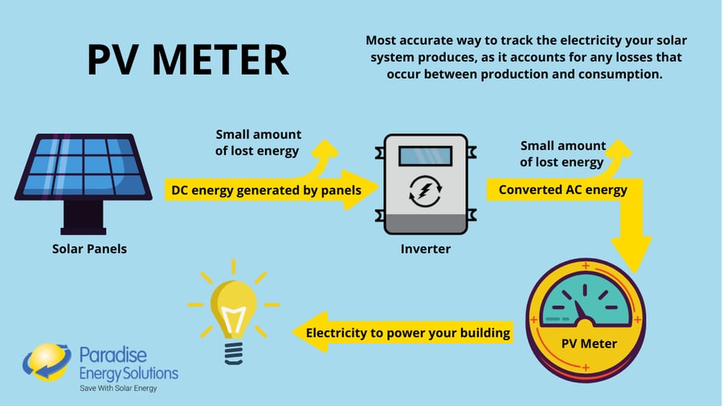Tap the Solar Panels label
tap(89, 249)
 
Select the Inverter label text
tap(425, 249)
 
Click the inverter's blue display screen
tap(425, 156)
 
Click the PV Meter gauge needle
tap(580, 310)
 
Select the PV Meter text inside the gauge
tap(589, 343)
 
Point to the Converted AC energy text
tap(562, 190)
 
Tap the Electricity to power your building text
tap(408, 333)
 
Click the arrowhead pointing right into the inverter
tap(358, 190)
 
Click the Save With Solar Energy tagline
tap(117, 388)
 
